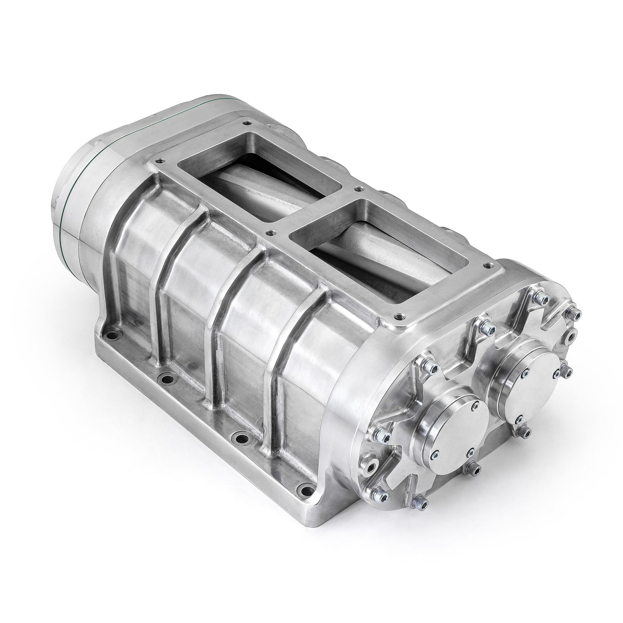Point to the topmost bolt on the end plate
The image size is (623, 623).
click(538, 297)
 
